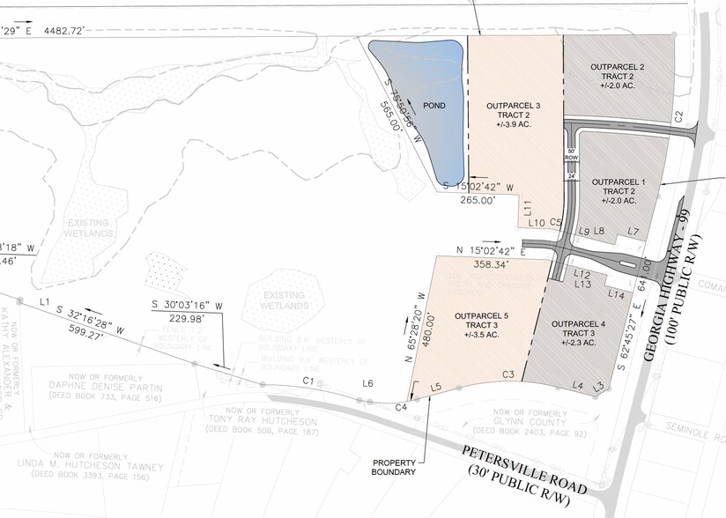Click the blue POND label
[x=433, y=106]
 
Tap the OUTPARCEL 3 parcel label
[x=513, y=106]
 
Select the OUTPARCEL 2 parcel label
[x=618, y=67]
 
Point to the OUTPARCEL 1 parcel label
[x=619, y=181]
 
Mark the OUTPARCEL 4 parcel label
[x=578, y=324]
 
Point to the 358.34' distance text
[x=491, y=264]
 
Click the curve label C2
[x=678, y=116]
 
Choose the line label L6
[x=368, y=382]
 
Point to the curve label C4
[x=401, y=406]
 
